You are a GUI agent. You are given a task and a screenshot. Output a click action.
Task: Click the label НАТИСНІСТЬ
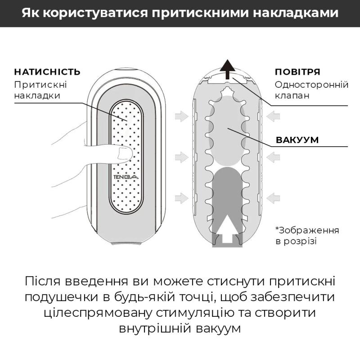tap(47, 72)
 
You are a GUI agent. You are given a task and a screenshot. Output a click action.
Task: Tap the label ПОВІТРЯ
tap(297, 72)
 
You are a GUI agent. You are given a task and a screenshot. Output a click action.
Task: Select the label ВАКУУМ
tap(297, 140)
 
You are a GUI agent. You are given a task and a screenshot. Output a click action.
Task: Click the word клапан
tap(292, 96)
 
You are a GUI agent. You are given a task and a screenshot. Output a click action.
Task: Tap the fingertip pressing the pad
tap(123, 154)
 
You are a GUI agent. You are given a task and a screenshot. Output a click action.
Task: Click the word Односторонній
tap(306, 85)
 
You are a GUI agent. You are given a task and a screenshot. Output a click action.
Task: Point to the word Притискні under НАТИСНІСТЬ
tap(40, 85)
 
